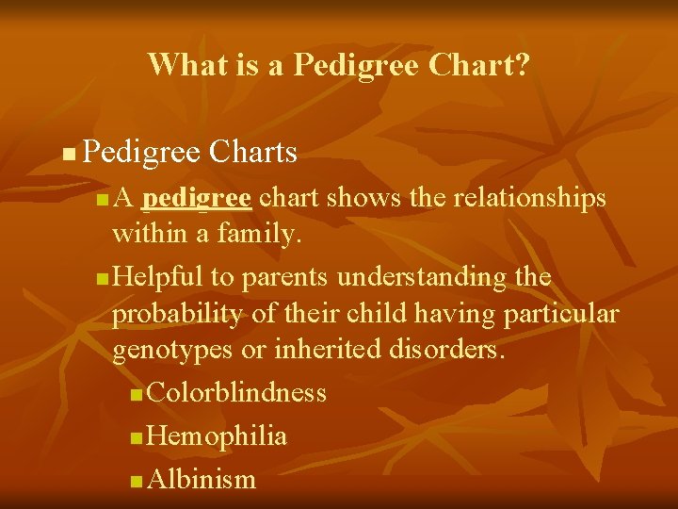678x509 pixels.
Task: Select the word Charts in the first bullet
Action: coord(253,151)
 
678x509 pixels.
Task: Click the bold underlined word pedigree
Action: coord(199,198)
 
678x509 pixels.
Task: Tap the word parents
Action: coord(285,277)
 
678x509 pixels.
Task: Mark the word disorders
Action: coord(446,351)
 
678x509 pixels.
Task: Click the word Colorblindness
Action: coord(236,392)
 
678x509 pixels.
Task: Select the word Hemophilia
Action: coord(218,435)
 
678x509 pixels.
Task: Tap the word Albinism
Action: coord(202,479)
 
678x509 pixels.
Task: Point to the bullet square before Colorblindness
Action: coord(137,394)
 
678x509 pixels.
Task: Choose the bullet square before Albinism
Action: coord(137,481)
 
